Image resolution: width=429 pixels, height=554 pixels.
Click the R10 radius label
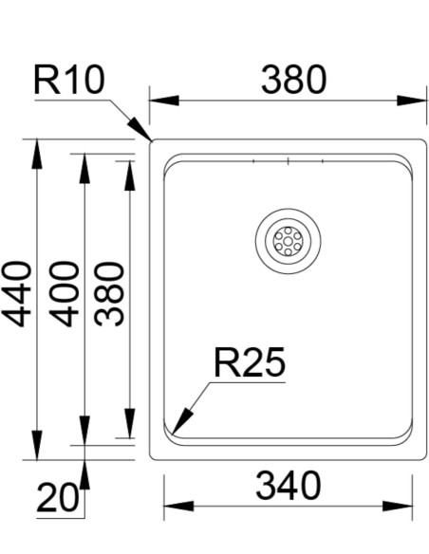[69, 81]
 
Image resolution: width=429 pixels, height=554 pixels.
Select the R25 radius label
[249, 362]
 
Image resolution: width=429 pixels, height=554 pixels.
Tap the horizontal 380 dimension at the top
[293, 80]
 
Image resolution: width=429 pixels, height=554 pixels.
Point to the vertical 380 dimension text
[110, 294]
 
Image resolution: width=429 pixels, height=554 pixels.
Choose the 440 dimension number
[16, 294]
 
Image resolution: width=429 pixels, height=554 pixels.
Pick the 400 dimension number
[64, 294]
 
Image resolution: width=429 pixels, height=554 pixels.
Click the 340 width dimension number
[289, 486]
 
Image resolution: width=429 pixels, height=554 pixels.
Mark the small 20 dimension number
[57, 498]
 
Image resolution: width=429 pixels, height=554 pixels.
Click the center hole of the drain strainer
[288, 241]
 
